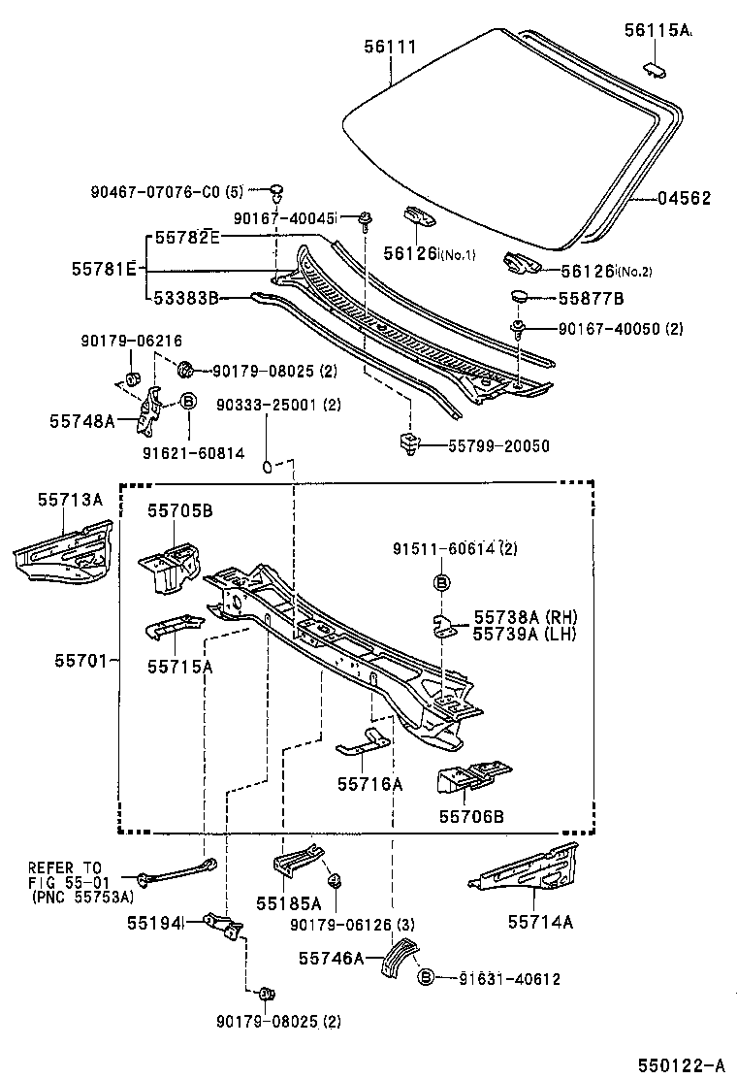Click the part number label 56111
(x=390, y=46)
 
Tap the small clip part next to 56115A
(x=656, y=68)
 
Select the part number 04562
(x=685, y=199)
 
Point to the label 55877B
(x=590, y=298)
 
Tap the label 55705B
(x=180, y=510)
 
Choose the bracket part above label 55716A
(x=363, y=744)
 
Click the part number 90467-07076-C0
(x=159, y=191)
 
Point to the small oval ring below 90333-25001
(x=265, y=468)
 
